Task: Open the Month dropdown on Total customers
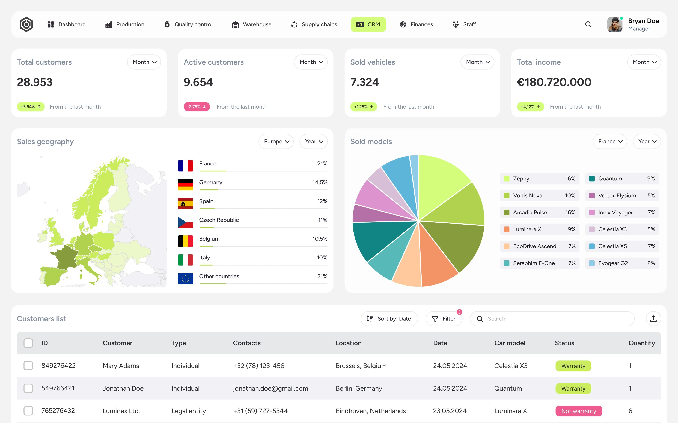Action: coord(144,62)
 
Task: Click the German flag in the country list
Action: coord(185,185)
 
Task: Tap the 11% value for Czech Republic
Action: coord(322,220)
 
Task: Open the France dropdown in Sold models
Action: coord(610,142)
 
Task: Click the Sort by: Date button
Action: coord(389,319)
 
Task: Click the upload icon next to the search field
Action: coord(653,319)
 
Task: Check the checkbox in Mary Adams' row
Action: coord(28,366)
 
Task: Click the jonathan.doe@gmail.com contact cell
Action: coord(270,388)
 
